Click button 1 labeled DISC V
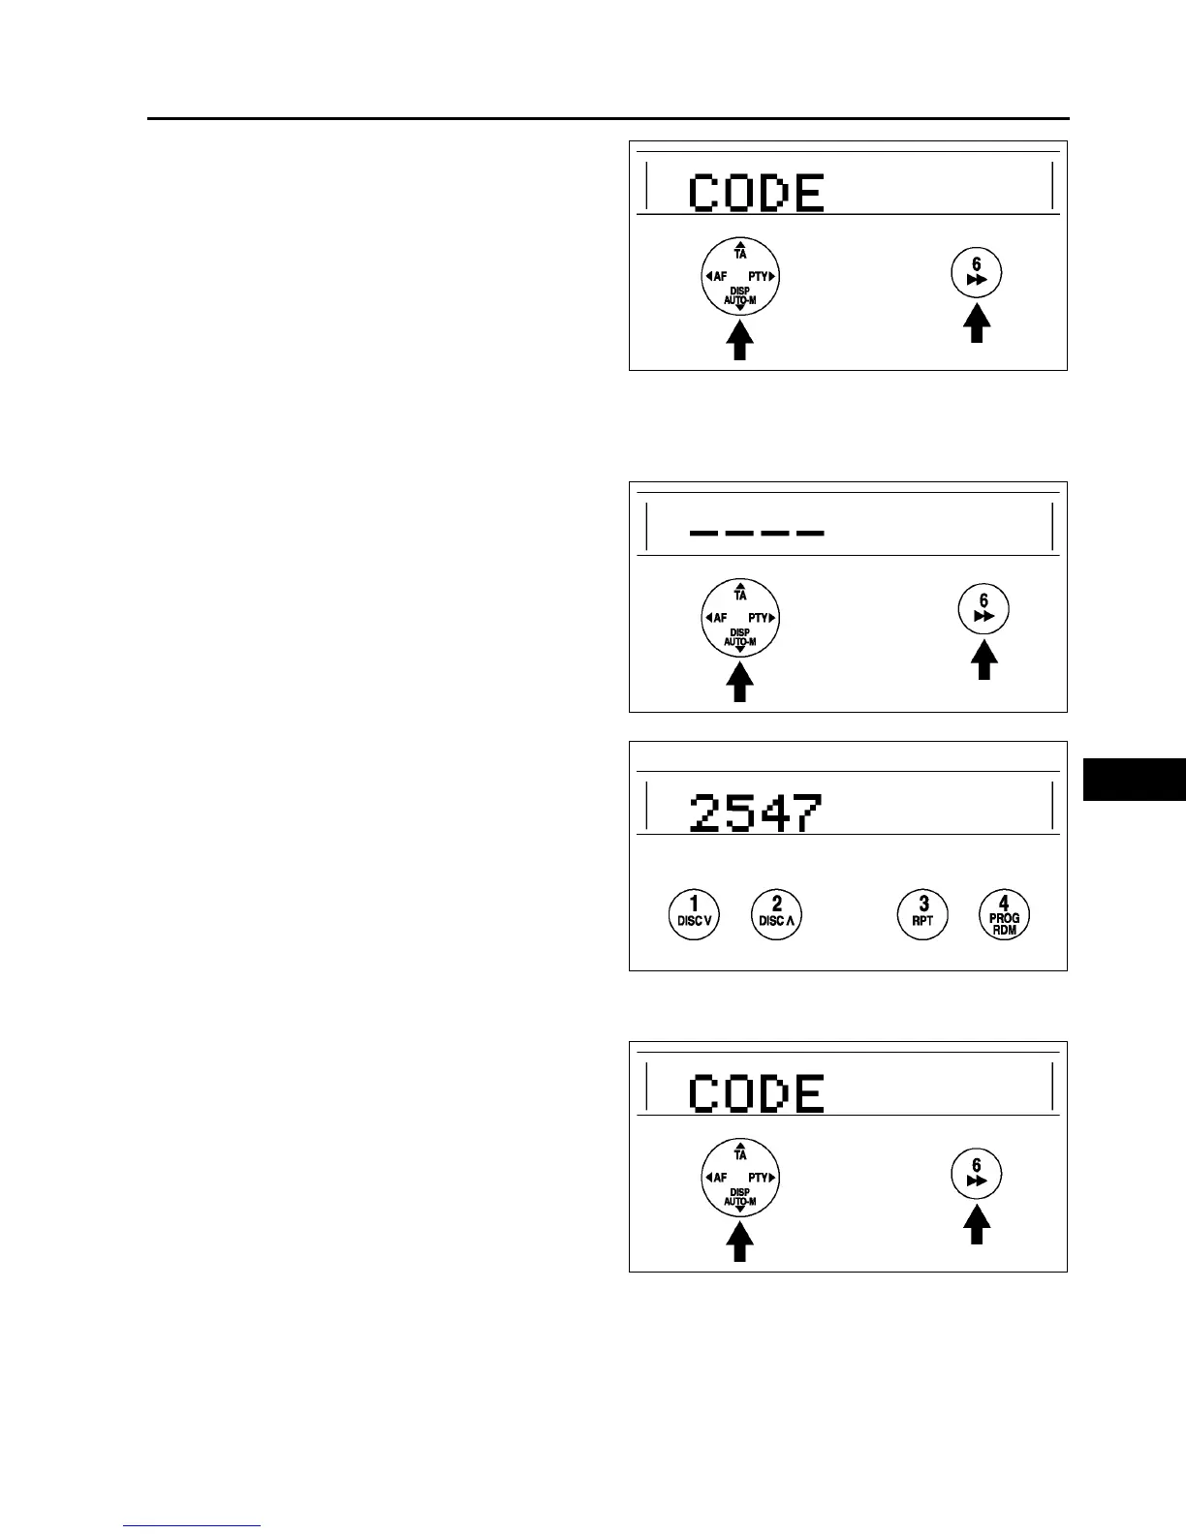pos(694,913)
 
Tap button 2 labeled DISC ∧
pos(777,913)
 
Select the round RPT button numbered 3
pos(922,913)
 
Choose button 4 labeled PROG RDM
pos(1004,913)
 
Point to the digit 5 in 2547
pos(741,813)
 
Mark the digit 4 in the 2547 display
pos(774,813)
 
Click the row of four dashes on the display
pos(756,532)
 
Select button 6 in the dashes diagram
pos(983,608)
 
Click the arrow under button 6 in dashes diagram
pos(983,661)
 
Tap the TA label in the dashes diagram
pos(740,594)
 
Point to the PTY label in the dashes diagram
pos(760,618)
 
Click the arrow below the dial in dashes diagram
pos(739,682)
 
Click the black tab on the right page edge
pos(1134,779)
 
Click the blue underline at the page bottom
pos(192,1525)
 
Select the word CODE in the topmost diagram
pos(756,194)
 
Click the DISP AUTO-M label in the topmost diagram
pos(739,296)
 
